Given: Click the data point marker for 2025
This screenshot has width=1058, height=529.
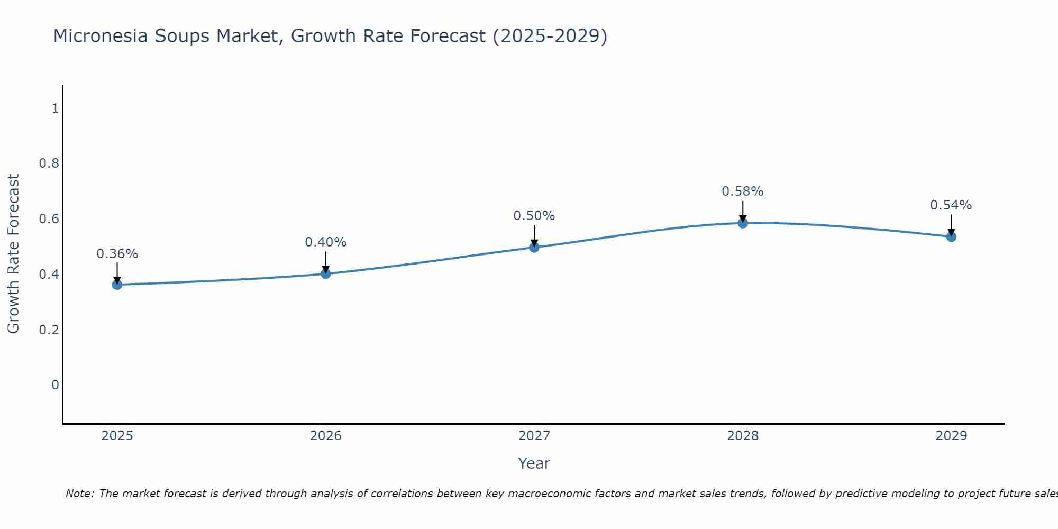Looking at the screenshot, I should coord(117,285).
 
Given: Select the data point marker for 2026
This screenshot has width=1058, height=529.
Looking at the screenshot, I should coord(325,273).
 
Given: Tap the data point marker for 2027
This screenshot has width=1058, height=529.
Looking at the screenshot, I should coord(534,247).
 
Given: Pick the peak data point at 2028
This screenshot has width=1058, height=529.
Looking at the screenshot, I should coord(743,223).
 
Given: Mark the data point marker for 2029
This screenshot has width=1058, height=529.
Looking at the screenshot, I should coord(951,236).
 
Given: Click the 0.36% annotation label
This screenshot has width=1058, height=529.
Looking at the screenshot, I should coord(117,254).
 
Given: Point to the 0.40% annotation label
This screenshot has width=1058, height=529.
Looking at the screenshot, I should coord(325,242).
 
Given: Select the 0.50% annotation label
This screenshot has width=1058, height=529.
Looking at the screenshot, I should coord(534,216).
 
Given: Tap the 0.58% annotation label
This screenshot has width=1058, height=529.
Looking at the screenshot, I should coord(742,191).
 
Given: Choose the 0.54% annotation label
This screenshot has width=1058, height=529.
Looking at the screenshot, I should coord(951,205).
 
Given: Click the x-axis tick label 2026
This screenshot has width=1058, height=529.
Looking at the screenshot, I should coord(325,436).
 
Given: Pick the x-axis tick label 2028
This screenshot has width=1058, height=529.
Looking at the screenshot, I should coord(742,436).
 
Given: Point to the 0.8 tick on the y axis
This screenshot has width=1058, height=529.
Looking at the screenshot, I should coord(49,163).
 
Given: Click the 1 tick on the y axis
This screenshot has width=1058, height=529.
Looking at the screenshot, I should coord(54,108).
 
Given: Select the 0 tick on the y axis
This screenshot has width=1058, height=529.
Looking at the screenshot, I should coord(54,385).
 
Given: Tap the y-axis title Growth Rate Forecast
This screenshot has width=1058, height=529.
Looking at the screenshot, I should coord(13,254).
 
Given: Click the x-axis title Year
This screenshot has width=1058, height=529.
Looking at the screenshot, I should coord(534,463).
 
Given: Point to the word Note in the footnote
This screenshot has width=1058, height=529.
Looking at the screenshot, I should coord(79,494).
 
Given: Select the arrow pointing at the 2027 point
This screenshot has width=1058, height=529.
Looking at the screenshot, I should coord(534,236).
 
